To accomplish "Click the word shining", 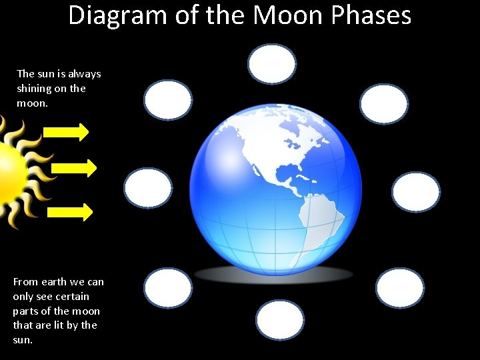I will [x=35, y=89].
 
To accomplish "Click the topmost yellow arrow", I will [x=66, y=132].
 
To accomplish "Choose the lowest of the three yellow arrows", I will [x=70, y=212].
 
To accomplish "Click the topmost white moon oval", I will [x=272, y=64].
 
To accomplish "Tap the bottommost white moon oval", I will [x=280, y=320].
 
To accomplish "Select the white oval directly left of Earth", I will [x=148, y=188].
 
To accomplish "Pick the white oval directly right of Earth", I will [x=416, y=192].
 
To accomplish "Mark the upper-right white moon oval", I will [x=383, y=104].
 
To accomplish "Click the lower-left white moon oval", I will [x=168, y=288].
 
